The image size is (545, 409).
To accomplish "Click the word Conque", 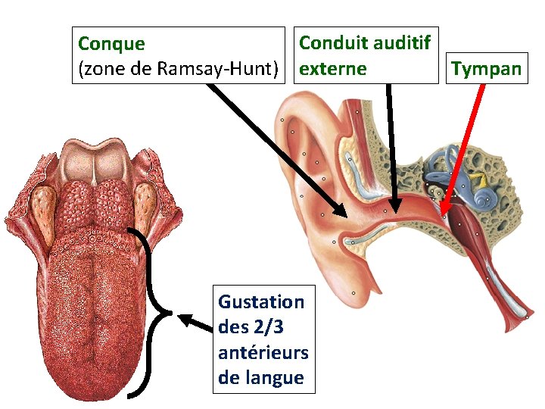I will pos(112,43).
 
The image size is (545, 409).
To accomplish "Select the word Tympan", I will pos(486,69).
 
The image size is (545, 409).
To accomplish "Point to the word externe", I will pos(332,69).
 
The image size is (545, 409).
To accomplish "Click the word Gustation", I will pos(261,301).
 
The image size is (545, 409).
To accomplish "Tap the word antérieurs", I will pos(263,352).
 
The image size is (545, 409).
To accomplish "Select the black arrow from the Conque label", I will pos(272,148).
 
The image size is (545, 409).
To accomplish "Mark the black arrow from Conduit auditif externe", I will pos(391,144).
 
